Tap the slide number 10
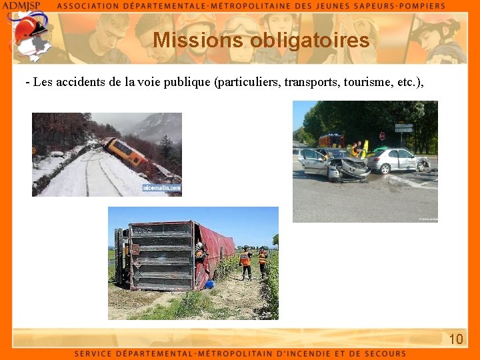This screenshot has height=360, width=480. click(x=456, y=339)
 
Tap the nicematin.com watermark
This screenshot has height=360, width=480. click(x=161, y=189)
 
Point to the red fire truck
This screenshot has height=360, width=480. click(x=331, y=141)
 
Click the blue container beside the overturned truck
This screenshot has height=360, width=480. click(x=209, y=285)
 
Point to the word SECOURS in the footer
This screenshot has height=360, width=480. click(x=383, y=354)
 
